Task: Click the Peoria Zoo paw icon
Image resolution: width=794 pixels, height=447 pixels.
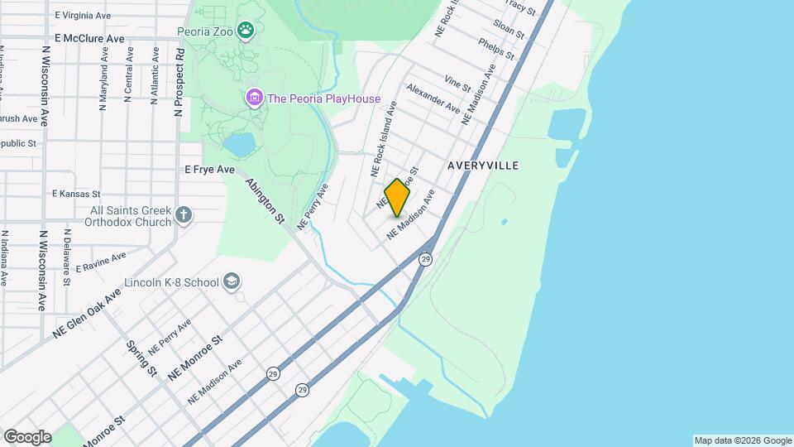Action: (246, 32)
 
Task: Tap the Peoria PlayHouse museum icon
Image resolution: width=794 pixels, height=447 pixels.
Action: (254, 99)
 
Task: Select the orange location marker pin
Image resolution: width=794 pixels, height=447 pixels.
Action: (398, 197)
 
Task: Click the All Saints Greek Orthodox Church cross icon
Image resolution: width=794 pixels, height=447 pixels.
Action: (184, 216)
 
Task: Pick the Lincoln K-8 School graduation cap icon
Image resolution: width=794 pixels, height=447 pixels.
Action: (232, 282)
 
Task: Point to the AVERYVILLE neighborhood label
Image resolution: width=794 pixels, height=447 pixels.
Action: (483, 166)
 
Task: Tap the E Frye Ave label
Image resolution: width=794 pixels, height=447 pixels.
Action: (210, 169)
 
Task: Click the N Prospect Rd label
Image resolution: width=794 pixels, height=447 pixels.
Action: (178, 82)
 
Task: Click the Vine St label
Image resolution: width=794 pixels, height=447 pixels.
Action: (457, 83)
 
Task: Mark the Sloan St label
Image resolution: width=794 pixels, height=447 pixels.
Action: (509, 29)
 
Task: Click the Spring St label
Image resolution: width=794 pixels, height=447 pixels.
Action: (141, 358)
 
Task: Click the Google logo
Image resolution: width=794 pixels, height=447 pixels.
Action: (27, 436)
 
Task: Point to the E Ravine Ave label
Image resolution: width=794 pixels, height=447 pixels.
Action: (100, 262)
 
